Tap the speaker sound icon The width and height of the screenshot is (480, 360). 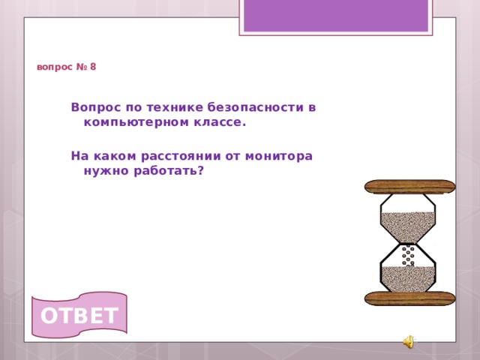click(407, 343)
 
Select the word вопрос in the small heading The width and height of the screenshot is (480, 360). click(54, 67)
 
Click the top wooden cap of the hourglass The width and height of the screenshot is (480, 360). click(409, 186)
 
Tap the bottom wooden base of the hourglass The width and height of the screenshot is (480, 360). click(409, 298)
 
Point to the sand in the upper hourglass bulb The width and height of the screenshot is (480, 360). click(407, 223)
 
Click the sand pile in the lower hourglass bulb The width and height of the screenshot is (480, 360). click(408, 278)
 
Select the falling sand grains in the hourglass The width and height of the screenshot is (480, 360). click(408, 255)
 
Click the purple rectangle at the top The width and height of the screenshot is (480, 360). click(335, 15)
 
